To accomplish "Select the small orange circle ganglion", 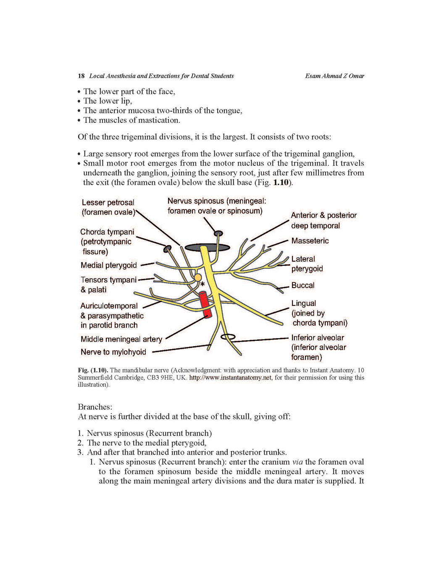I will (x=197, y=278).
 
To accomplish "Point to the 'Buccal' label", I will (x=303, y=285).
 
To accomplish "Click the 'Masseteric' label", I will (x=310, y=241).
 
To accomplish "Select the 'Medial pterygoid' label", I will (x=108, y=265).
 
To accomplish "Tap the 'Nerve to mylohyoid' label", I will (x=113, y=352).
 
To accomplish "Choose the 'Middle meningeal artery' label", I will (x=121, y=339).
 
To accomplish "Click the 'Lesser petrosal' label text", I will (x=108, y=202).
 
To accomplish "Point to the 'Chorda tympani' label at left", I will (x=107, y=232).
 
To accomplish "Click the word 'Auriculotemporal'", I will (x=109, y=306).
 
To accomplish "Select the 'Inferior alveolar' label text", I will (x=317, y=337).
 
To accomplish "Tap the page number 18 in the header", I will (x=81, y=76).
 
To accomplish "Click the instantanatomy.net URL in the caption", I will (x=230, y=377).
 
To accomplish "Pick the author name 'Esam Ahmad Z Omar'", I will (x=334, y=76).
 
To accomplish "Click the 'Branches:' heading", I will (x=95, y=407).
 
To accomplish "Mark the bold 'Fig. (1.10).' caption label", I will (x=93, y=370).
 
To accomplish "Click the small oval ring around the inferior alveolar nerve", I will (x=228, y=337).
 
